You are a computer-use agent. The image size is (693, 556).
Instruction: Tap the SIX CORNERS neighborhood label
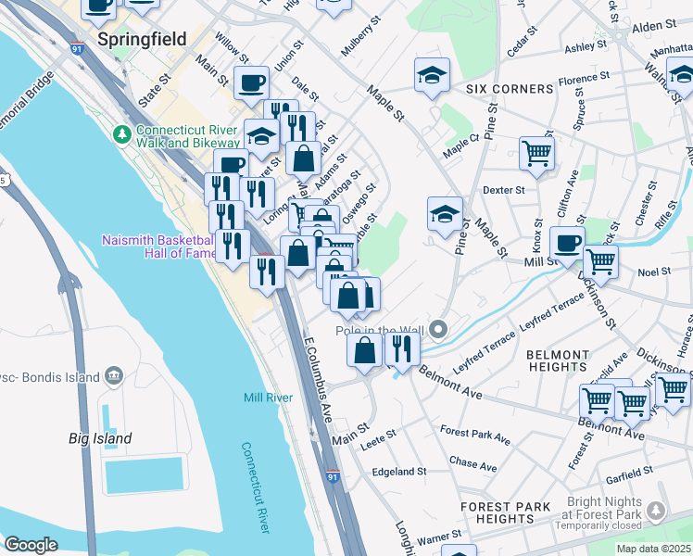(x=509, y=89)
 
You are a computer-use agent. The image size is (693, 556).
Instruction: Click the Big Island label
(x=100, y=438)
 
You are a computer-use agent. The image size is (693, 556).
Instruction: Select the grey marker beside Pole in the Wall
(x=440, y=329)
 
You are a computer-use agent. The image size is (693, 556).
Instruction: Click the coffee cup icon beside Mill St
(x=567, y=243)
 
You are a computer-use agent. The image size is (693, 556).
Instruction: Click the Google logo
(x=31, y=545)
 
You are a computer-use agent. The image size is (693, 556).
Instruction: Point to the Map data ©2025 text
(x=652, y=549)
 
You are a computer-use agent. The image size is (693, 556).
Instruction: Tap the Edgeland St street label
(x=398, y=471)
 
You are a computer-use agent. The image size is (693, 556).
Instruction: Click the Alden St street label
(x=656, y=29)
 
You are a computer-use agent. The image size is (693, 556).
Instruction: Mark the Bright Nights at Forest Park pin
(x=657, y=511)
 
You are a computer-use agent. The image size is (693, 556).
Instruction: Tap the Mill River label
(x=269, y=398)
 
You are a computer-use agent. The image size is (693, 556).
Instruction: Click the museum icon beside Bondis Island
(x=114, y=374)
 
